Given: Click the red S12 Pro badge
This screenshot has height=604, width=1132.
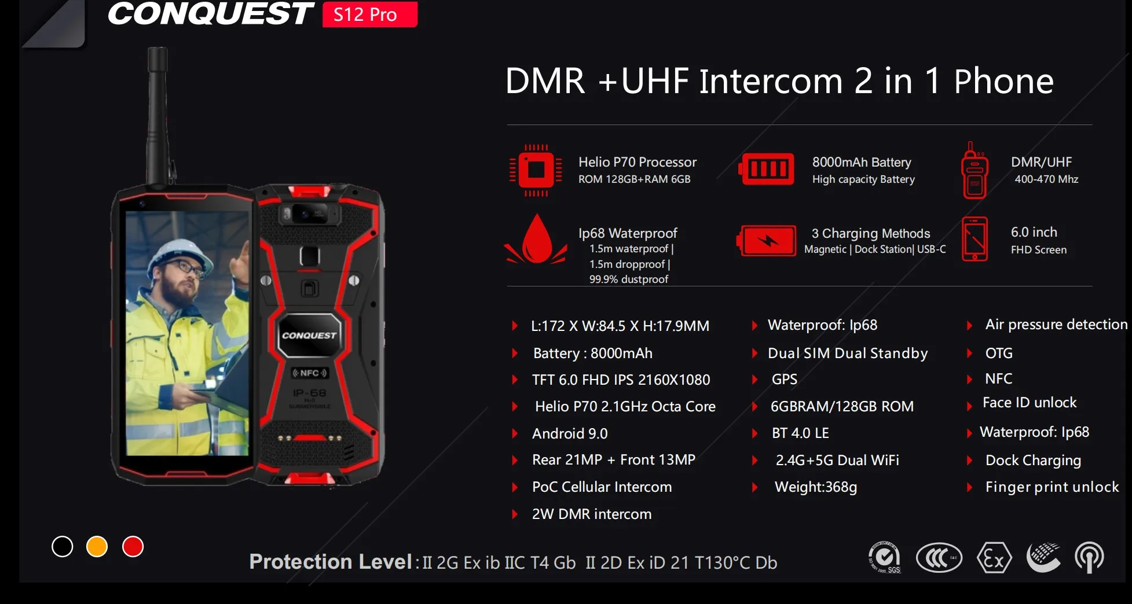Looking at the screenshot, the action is tap(369, 14).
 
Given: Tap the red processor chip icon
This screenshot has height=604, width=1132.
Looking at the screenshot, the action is tap(536, 170).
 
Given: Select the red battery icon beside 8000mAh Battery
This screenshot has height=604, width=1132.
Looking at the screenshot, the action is tap(767, 169).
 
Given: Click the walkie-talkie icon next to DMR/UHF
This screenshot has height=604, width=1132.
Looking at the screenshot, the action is tap(975, 171).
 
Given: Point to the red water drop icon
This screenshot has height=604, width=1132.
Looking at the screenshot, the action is tap(537, 240).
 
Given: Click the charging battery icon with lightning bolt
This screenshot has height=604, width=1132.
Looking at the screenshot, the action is tap(767, 241).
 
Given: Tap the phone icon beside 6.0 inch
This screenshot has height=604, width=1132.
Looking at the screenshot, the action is tap(975, 239).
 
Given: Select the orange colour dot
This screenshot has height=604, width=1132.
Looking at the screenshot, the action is tap(97, 546).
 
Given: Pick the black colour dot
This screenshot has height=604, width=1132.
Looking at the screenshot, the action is tap(62, 546).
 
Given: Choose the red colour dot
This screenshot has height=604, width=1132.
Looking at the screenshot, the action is tap(133, 546).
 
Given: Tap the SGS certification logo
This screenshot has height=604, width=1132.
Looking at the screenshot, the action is tap(885, 558).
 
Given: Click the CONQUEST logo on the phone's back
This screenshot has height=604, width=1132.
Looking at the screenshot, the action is tap(309, 335).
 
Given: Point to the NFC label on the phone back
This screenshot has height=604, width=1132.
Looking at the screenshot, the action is tap(310, 373).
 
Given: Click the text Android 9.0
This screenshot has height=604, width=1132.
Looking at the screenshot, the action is tap(570, 433).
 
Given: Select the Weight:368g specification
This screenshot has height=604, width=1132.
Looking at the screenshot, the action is tap(815, 487).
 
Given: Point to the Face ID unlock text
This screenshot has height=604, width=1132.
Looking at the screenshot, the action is tap(1029, 403).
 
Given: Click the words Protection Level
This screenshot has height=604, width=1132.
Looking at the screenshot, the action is tap(330, 562).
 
